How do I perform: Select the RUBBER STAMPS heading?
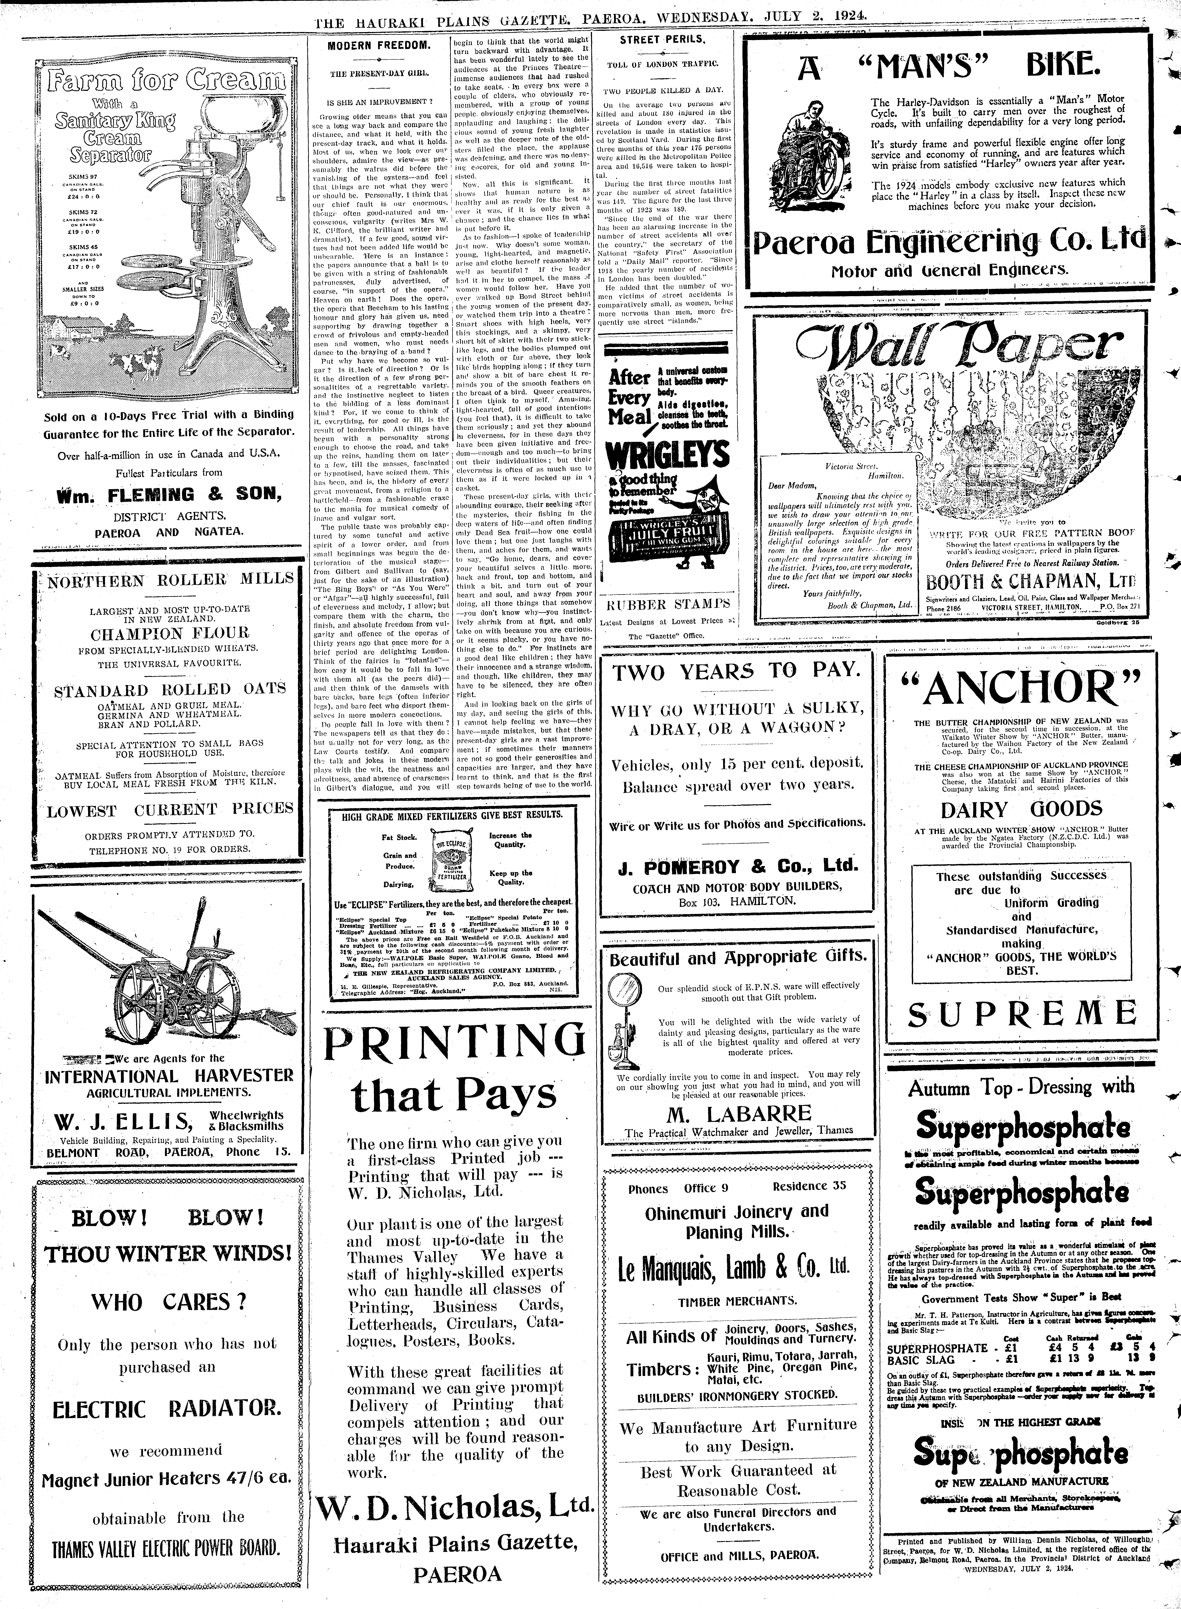(x=668, y=604)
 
